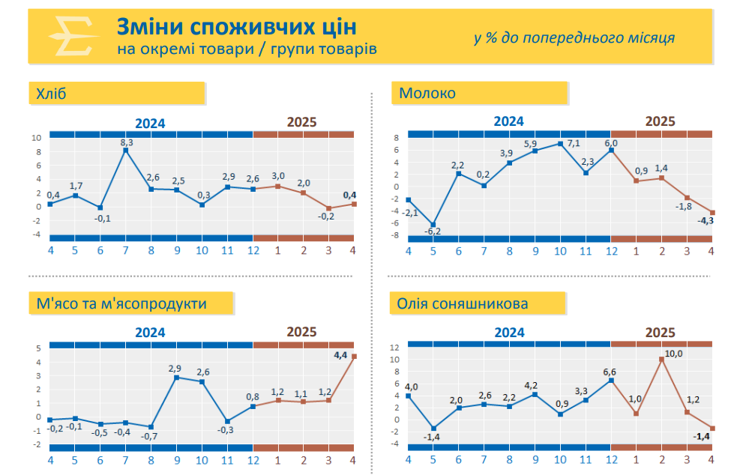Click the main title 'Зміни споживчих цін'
tap(236, 27)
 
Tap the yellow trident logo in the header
tap(70, 35)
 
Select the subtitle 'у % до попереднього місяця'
tap(574, 38)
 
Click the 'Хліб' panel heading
tap(52, 94)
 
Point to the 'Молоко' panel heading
tap(427, 94)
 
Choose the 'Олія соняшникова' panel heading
tap(463, 303)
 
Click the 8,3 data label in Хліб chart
tap(127, 142)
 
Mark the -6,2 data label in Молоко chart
tap(433, 232)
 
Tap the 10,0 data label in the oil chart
tap(674, 353)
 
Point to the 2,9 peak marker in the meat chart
tap(176, 378)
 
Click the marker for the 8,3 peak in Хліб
tap(126, 151)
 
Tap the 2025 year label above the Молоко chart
tap(661, 121)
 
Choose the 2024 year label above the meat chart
tap(150, 332)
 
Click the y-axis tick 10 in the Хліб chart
tap(36, 138)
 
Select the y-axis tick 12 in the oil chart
tap(394, 348)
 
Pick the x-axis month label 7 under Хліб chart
tap(126, 250)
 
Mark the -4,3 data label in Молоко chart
tap(706, 221)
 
